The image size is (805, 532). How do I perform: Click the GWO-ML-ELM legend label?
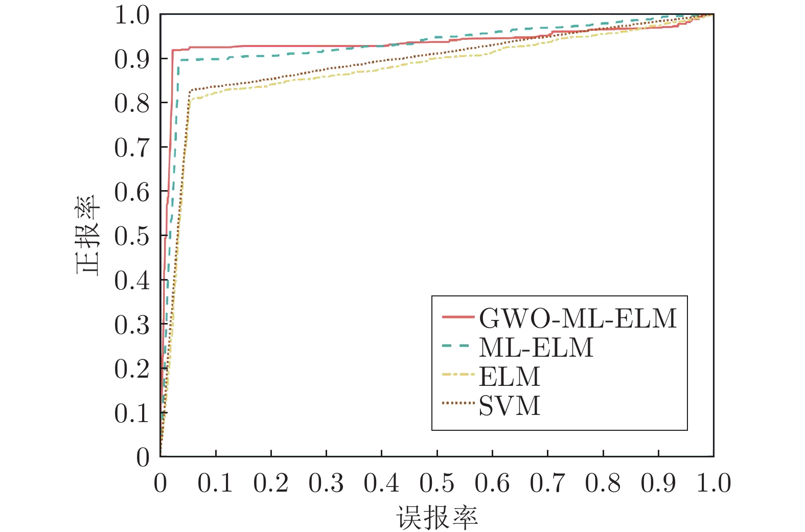tap(578, 318)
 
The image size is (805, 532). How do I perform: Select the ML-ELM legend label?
tap(536, 348)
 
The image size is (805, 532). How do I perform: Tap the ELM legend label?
tap(510, 377)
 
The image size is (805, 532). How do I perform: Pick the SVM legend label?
tap(510, 406)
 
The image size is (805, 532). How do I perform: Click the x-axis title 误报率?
tap(437, 518)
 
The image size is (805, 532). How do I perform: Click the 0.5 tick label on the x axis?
tap(437, 483)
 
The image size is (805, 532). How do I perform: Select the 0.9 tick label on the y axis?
tap(132, 59)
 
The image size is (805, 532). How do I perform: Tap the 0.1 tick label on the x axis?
tap(215, 483)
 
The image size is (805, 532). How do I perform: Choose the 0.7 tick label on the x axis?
tap(547, 483)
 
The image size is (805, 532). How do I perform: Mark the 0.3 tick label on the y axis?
tap(132, 325)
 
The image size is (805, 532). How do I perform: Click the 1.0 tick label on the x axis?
tap(714, 483)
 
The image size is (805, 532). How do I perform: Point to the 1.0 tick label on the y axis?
tap(132, 15)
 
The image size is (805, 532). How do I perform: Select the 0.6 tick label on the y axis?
tap(132, 192)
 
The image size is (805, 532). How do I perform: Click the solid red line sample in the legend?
tap(458, 317)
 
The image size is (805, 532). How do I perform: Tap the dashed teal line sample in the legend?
tap(455, 346)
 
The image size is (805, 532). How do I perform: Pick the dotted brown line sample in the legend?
tap(458, 403)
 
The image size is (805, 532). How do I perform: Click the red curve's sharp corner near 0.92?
tap(173, 50)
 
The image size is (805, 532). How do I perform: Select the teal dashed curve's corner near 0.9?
tap(178, 61)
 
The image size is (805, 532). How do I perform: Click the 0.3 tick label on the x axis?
tap(326, 483)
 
